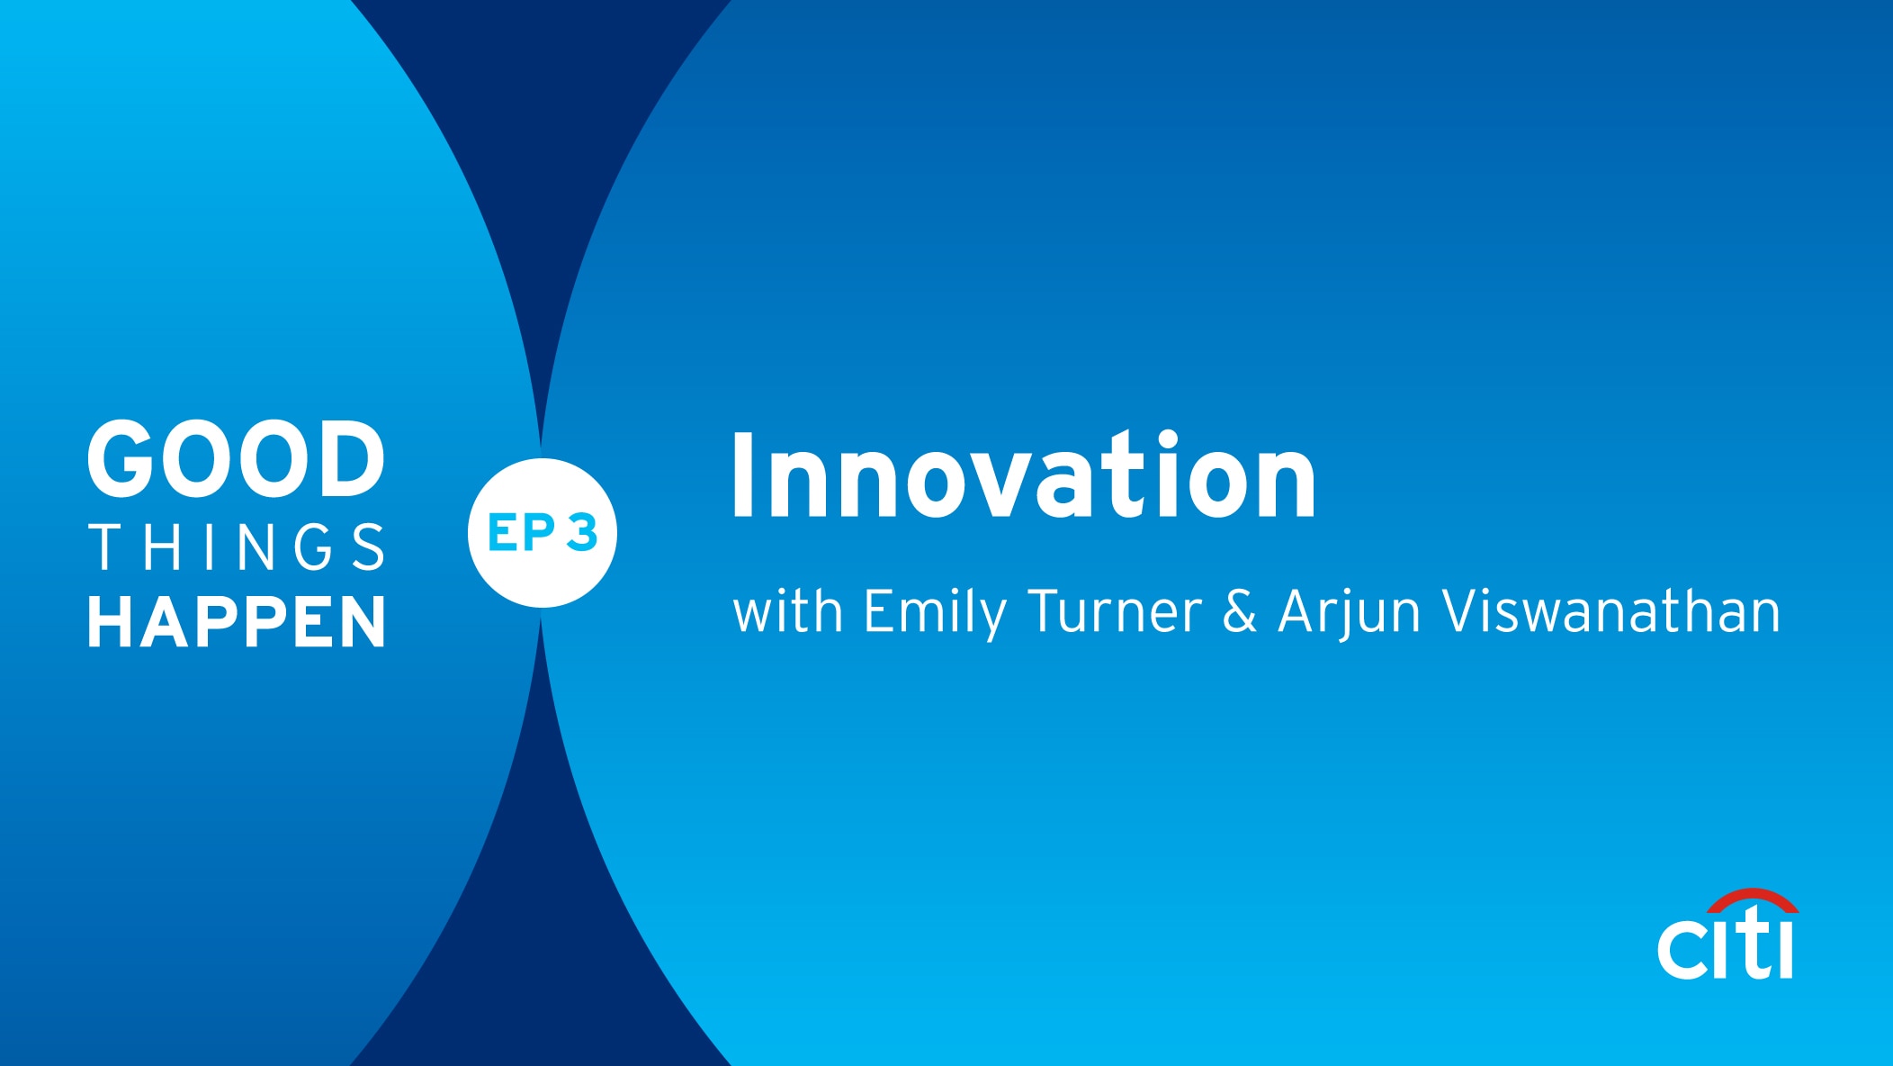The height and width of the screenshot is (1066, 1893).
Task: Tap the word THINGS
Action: [x=237, y=547]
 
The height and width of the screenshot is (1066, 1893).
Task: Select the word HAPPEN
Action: [x=237, y=621]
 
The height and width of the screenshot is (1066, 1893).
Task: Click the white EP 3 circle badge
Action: [x=543, y=533]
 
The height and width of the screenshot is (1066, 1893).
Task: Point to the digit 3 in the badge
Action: [x=582, y=532]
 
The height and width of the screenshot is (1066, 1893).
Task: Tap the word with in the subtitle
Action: [x=788, y=611]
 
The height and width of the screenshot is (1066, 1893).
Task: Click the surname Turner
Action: [x=1116, y=611]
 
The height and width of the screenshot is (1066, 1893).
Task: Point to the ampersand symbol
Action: [x=1240, y=611]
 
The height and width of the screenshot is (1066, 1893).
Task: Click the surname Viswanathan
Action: [x=1611, y=611]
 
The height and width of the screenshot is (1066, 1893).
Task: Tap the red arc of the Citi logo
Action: [x=1753, y=898]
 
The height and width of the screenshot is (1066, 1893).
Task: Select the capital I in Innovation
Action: [x=743, y=476]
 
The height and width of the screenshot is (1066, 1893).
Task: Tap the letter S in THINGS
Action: [x=369, y=547]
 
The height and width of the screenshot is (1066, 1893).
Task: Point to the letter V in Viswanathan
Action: [x=1462, y=611]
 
